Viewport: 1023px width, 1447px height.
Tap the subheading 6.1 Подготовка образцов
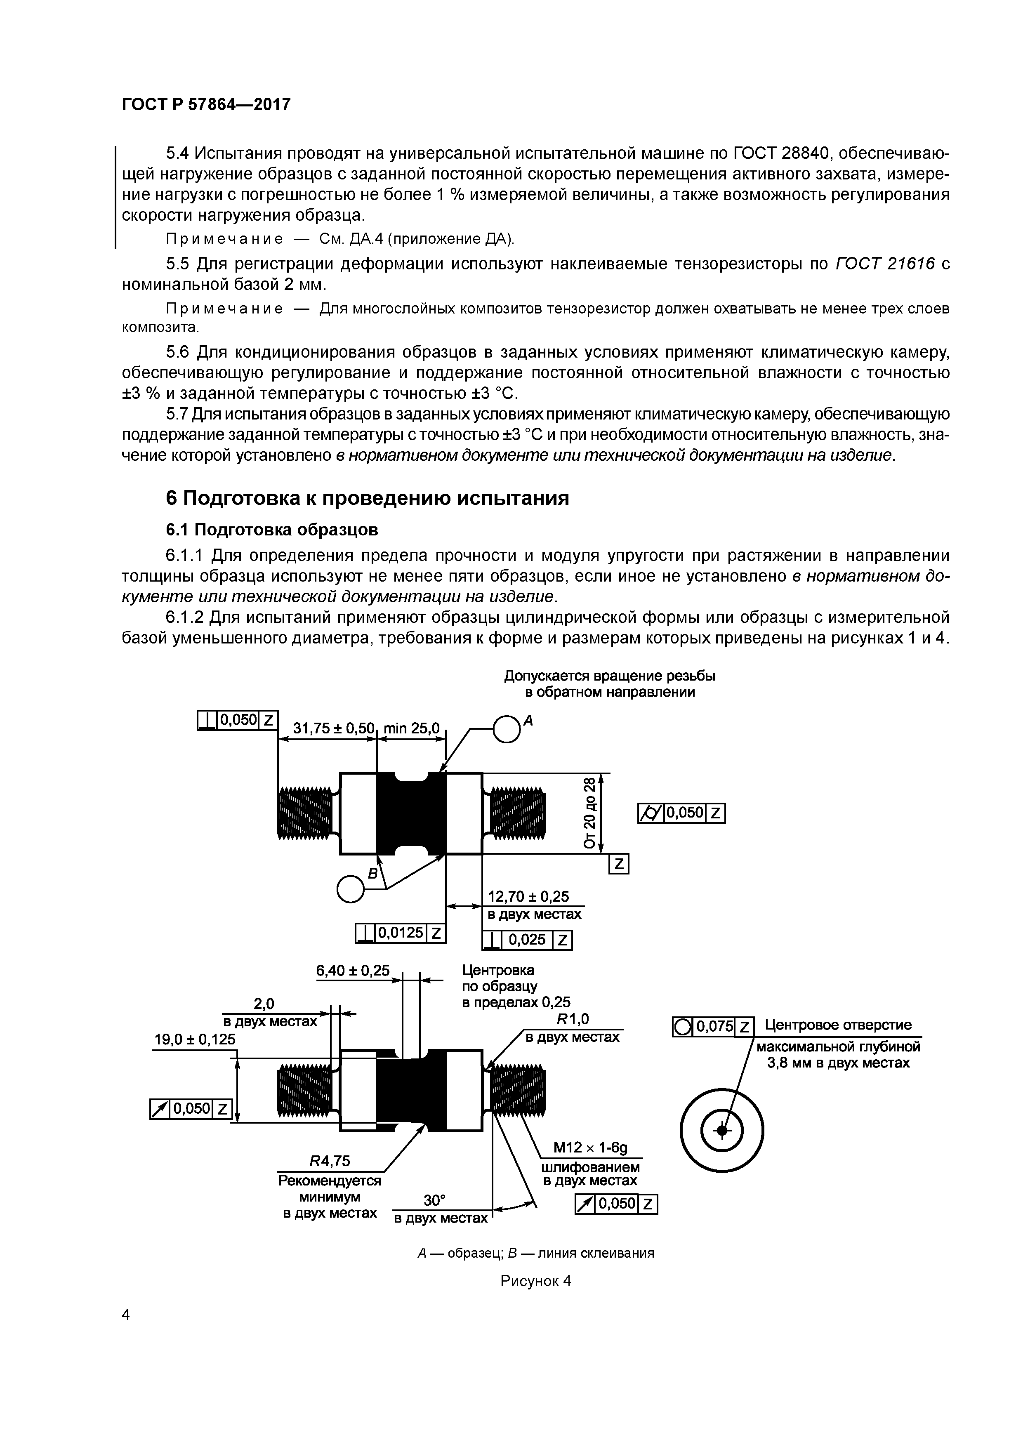272,529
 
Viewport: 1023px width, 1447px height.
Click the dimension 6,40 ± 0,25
353,970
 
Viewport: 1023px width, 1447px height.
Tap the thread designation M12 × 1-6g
590,1147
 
